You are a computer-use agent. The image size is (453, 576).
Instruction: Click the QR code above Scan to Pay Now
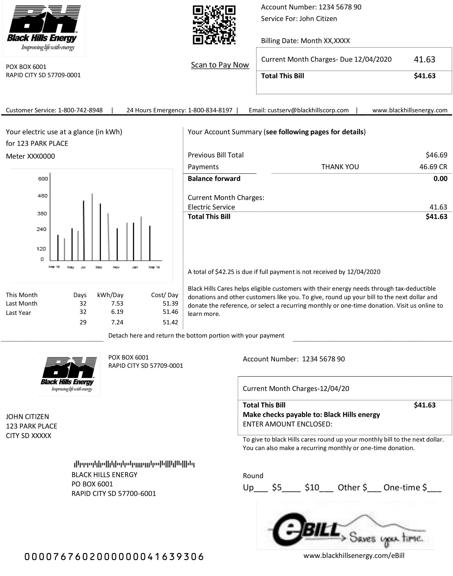tap(214, 25)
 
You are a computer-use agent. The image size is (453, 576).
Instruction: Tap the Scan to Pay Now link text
tap(220, 65)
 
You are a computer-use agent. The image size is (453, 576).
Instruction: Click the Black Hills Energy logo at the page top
tap(44, 28)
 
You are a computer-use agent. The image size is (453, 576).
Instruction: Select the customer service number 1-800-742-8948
tap(80, 110)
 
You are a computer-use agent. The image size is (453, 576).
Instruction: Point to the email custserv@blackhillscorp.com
tap(308, 110)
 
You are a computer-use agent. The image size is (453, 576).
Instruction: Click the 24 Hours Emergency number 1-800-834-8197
tap(210, 110)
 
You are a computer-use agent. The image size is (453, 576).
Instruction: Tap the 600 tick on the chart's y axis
tap(43, 179)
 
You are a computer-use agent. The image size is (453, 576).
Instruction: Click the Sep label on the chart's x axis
tap(99, 267)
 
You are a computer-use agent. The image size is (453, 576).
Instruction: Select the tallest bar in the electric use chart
tap(92, 227)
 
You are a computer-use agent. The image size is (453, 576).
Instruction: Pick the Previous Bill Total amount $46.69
tap(436, 155)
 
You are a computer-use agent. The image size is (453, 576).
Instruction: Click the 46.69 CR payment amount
tap(433, 167)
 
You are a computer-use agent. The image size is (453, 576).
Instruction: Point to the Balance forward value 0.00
tap(440, 179)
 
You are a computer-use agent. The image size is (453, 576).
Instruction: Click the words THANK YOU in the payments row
tap(340, 167)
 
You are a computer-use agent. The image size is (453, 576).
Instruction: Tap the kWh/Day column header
tap(110, 295)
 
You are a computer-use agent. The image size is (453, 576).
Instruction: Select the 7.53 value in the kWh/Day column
tap(117, 304)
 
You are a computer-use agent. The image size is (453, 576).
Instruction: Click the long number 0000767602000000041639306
tap(114, 557)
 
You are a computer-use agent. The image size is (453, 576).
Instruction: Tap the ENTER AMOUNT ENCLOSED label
tap(288, 424)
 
